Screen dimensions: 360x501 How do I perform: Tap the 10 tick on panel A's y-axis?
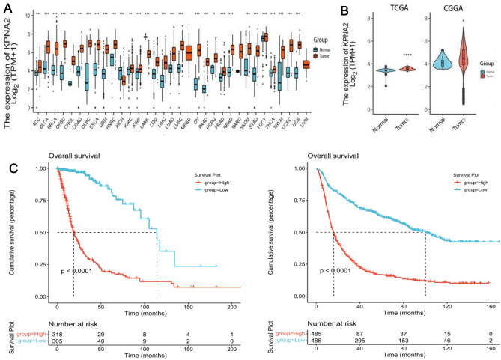[x=27, y=15]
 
